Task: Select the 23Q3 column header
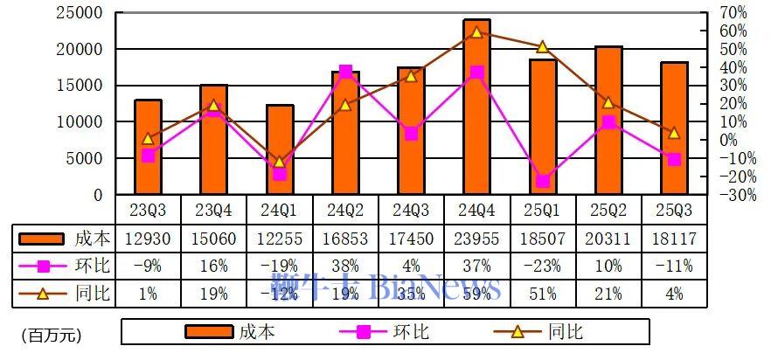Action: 149,210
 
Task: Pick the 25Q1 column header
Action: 542,210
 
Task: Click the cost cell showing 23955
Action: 476,239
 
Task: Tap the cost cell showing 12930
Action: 149,239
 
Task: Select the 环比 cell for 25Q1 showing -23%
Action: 542,266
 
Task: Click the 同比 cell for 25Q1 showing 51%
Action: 542,294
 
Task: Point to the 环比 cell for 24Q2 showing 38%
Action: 345,266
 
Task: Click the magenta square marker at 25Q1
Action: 543,181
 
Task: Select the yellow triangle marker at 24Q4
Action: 476,32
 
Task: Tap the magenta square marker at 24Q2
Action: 345,71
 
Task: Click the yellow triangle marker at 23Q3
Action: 149,138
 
